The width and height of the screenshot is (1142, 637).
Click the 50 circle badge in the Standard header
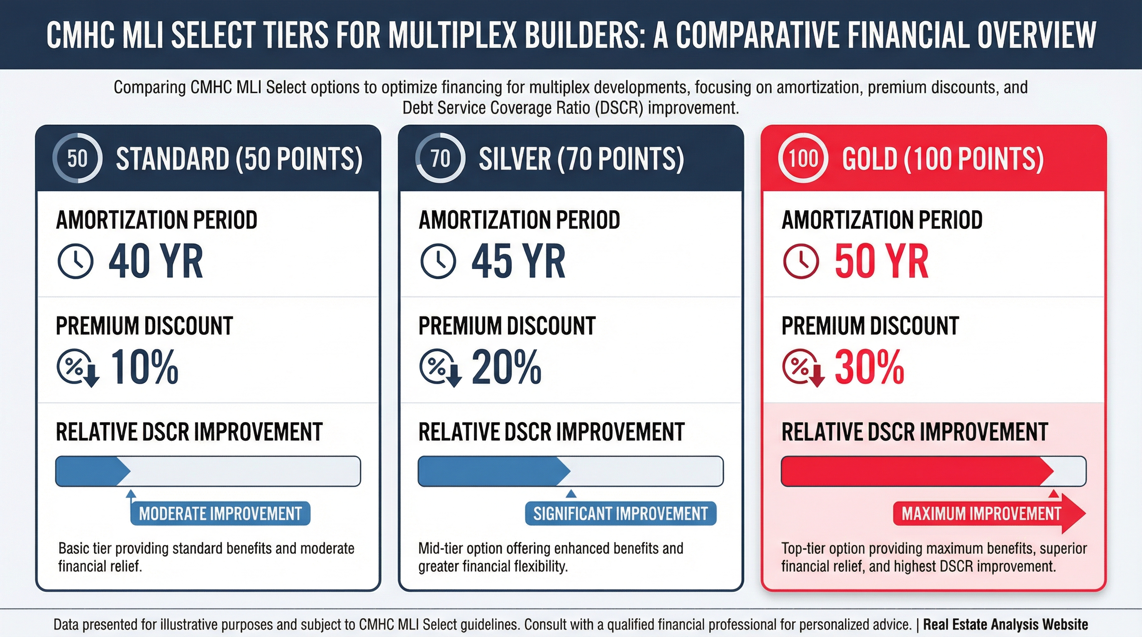[x=78, y=158]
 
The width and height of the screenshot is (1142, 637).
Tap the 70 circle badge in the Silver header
[x=440, y=158]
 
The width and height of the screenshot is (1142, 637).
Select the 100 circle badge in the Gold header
[x=803, y=158]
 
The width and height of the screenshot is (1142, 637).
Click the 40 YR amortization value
[x=156, y=261]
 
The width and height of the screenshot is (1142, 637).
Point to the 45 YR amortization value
[x=518, y=261]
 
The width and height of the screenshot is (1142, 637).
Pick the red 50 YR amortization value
[x=881, y=261]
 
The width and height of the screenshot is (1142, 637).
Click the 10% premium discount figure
[x=144, y=367]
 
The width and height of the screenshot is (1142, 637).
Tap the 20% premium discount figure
[x=506, y=367]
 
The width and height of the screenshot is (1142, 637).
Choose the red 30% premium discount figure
[x=869, y=367]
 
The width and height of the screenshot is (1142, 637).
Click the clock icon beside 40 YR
[x=76, y=261]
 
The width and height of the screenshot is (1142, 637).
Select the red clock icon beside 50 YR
[x=800, y=261]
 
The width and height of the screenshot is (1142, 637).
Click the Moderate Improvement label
[x=220, y=514]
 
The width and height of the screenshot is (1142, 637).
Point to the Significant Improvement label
[x=621, y=514]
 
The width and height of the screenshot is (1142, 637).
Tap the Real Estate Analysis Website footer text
[x=1005, y=625]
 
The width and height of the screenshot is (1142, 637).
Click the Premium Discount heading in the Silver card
[x=507, y=326]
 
